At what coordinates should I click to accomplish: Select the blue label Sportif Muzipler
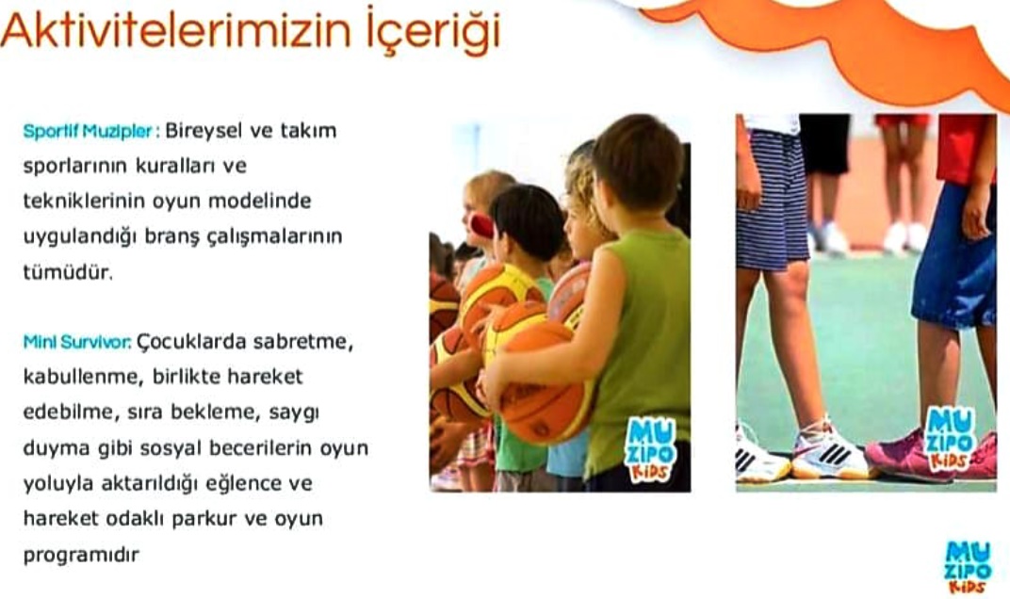(x=88, y=132)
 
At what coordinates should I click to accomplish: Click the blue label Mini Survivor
(x=76, y=341)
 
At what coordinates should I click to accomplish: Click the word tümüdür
(x=68, y=272)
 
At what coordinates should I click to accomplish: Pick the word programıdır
(x=81, y=555)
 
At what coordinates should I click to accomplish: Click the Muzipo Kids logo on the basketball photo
(x=650, y=449)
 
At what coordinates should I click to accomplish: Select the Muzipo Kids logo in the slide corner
(x=969, y=567)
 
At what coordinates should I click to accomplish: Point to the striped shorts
(x=772, y=199)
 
